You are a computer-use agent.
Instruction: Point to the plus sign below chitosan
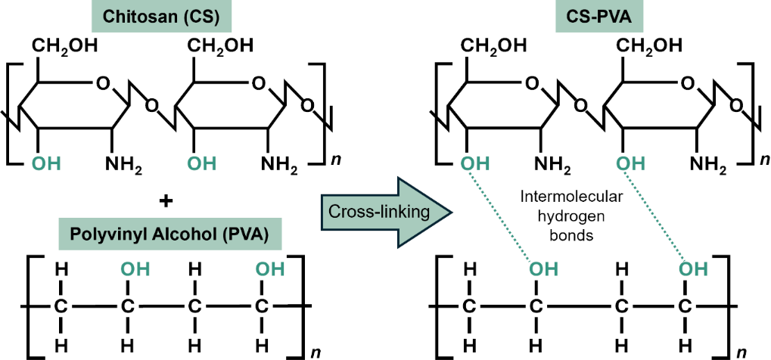coord(167,201)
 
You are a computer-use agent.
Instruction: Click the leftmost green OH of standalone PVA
coord(128,268)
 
